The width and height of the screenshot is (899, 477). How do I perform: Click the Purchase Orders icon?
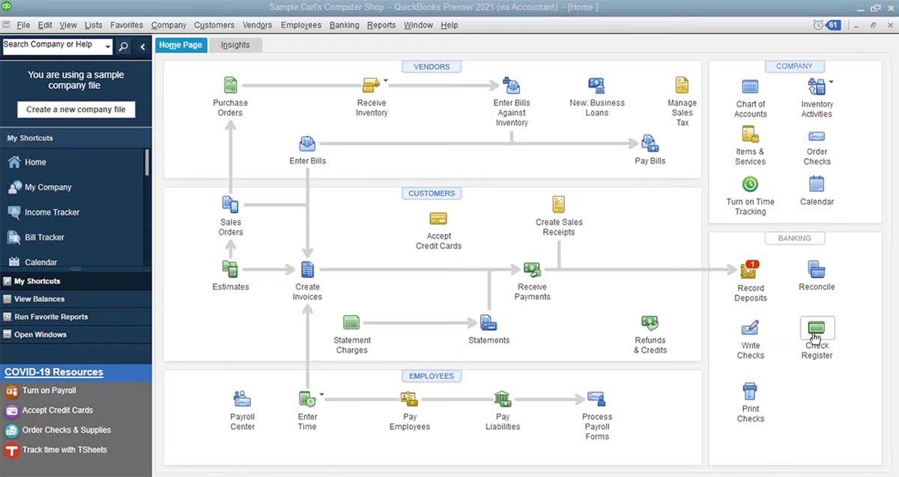(231, 85)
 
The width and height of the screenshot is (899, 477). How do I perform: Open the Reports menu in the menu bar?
(381, 25)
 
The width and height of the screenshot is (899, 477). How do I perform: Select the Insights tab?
(235, 45)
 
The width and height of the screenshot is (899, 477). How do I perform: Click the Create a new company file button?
(76, 109)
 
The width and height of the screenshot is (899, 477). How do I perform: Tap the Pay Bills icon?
(650, 144)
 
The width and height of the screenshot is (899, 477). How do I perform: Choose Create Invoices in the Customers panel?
(307, 270)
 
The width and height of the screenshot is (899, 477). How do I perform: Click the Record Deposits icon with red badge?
(749, 270)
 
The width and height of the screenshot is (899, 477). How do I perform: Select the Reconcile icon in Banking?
(817, 269)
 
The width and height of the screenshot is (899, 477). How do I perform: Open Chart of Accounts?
(750, 87)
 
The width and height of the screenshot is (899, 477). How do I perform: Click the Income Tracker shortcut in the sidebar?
(52, 212)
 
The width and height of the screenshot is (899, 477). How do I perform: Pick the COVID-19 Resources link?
(54, 372)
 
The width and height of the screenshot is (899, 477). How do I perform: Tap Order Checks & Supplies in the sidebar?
(66, 430)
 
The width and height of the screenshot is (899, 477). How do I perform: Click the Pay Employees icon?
(409, 399)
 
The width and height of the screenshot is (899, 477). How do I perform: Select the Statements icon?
(488, 323)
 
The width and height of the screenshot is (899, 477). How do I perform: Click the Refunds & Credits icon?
(650, 323)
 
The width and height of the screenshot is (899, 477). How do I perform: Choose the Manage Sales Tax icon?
(682, 85)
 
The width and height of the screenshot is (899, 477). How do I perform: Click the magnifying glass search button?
(124, 46)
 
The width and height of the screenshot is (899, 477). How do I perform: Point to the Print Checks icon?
(750, 391)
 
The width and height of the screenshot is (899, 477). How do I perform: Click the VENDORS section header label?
(432, 67)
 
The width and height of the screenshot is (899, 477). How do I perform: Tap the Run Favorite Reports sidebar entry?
(50, 316)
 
